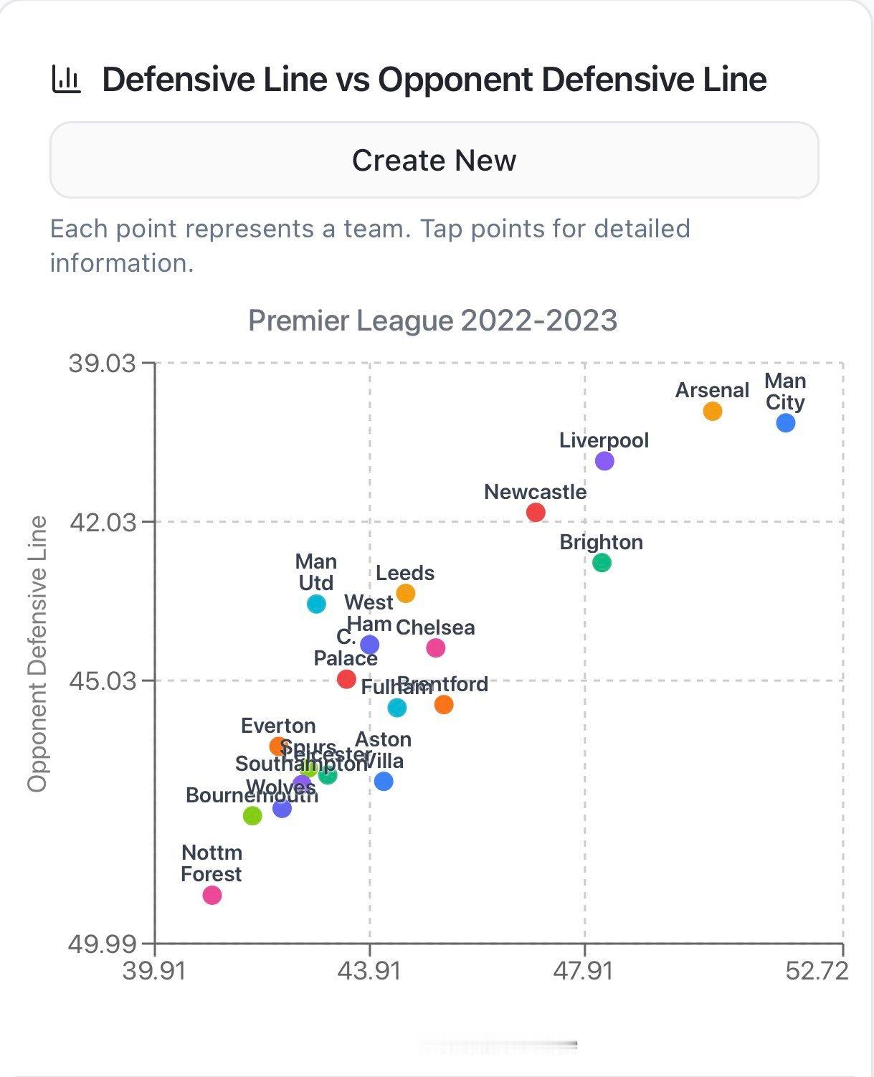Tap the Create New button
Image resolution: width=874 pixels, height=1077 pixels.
click(x=434, y=160)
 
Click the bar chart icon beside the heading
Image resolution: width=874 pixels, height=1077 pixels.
click(x=67, y=80)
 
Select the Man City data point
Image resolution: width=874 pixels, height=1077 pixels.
click(x=785, y=423)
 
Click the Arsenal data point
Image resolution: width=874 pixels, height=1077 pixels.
click(x=712, y=411)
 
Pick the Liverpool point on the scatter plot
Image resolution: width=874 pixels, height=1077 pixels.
click(x=604, y=460)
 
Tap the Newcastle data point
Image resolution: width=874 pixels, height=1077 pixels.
click(x=536, y=512)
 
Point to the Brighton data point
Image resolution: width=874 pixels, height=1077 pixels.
click(x=602, y=563)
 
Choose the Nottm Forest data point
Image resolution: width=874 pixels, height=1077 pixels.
click(x=212, y=895)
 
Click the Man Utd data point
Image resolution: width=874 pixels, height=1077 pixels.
click(x=316, y=604)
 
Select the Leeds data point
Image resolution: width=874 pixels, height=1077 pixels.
click(x=406, y=593)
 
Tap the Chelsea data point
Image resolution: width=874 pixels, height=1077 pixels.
click(x=435, y=647)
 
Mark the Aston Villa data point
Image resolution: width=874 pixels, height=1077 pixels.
click(x=384, y=781)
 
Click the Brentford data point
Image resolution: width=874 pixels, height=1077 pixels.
click(x=444, y=704)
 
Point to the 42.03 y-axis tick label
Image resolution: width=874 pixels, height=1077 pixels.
click(x=103, y=521)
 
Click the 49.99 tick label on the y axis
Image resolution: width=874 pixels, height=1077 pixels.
click(x=103, y=944)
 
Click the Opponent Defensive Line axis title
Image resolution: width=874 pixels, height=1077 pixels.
click(x=37, y=653)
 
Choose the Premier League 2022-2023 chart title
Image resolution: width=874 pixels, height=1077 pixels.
click(x=432, y=320)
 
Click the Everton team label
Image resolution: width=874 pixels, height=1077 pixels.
click(x=278, y=726)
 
